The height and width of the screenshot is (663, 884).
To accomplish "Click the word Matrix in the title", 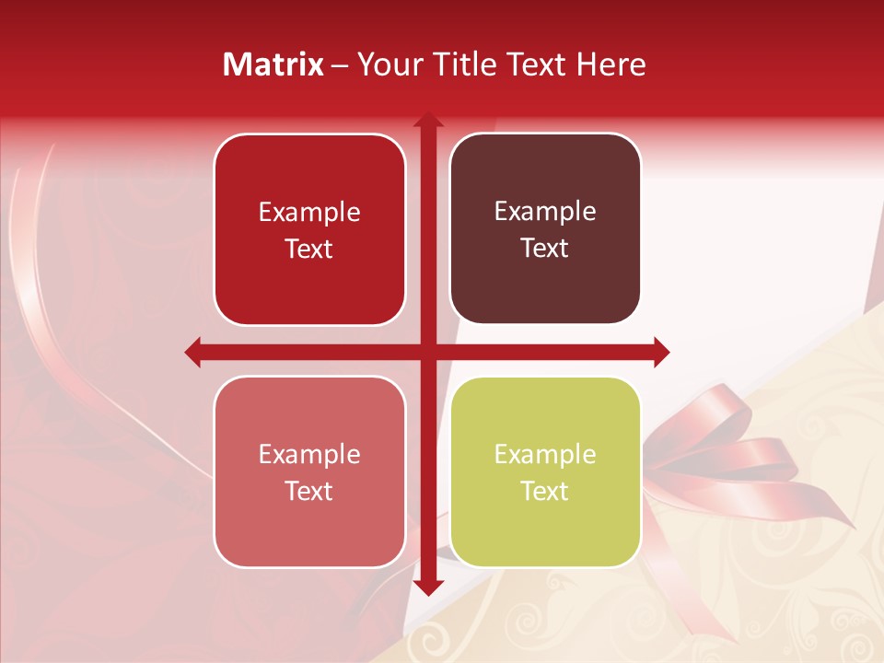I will pyautogui.click(x=273, y=64).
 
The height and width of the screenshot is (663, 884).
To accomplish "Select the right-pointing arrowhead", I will pyautogui.click(x=660, y=352).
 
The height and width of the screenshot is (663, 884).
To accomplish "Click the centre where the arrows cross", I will pyautogui.click(x=427, y=352).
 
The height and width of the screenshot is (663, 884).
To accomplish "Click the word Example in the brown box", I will pyautogui.click(x=545, y=212).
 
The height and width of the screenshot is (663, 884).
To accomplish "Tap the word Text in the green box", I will pyautogui.click(x=545, y=491).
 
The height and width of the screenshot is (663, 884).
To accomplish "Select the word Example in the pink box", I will pyautogui.click(x=309, y=454).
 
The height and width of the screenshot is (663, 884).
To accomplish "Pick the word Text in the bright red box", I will pyautogui.click(x=309, y=249).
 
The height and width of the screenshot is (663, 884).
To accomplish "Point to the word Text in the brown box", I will pyautogui.click(x=545, y=249).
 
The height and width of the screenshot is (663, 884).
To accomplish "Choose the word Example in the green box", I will pyautogui.click(x=545, y=454).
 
